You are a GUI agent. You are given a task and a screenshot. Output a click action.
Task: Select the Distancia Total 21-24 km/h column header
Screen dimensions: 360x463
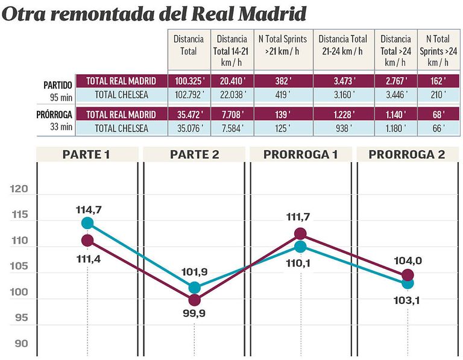point(343,45)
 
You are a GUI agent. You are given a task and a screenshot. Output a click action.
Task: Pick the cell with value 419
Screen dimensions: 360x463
point(282,94)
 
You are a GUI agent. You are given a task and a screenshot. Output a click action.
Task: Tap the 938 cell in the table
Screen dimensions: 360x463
point(343,128)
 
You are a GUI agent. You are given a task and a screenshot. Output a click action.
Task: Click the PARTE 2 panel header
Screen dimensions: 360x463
point(194,154)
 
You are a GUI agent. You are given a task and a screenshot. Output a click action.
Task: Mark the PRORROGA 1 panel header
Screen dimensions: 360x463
point(300,154)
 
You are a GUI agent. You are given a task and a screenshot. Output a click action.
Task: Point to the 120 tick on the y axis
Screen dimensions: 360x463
point(19,189)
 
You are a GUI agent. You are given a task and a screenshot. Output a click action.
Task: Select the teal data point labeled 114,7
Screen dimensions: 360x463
point(87,223)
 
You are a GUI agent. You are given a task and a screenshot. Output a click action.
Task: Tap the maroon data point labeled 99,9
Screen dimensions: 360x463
point(194,300)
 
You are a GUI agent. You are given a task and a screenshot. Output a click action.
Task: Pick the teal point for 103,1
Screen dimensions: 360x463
point(408,283)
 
